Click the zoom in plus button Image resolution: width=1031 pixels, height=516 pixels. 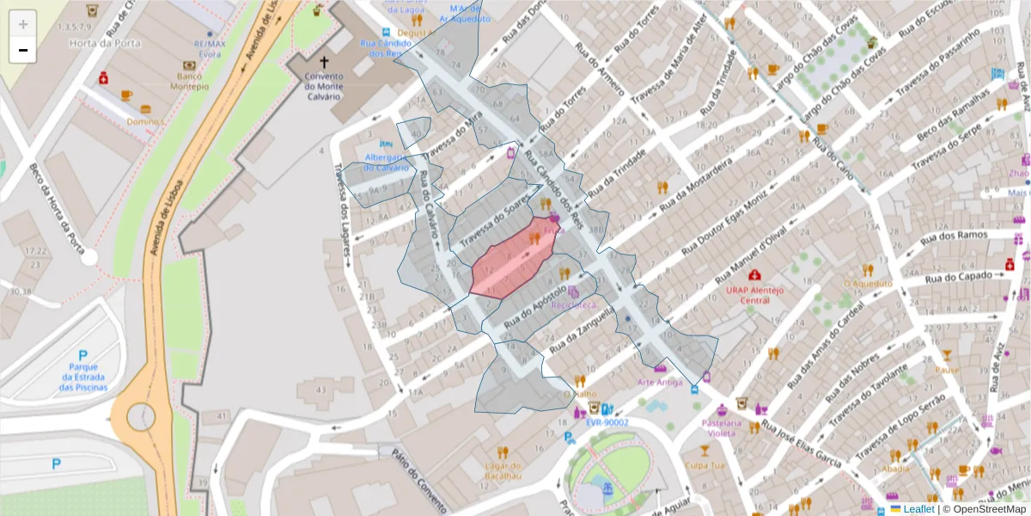pos(23,24)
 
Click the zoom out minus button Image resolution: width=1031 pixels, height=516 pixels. pos(23,51)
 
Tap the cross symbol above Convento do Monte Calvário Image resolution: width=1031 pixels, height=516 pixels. pos(324,62)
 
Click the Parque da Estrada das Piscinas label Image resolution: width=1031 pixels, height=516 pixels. pos(83,377)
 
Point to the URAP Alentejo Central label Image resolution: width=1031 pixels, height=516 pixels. pos(754,295)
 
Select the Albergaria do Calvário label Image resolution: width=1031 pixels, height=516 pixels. pos(387,163)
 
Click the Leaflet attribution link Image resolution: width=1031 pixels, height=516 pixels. pos(918,509)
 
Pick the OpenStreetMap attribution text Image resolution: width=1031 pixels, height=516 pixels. pos(984,509)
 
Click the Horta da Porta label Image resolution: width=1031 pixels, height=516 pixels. pos(94,43)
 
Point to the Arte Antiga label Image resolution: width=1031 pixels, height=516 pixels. pos(660,381)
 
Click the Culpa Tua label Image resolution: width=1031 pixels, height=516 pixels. pos(705,466)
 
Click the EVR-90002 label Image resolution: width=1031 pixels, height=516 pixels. pos(607,422)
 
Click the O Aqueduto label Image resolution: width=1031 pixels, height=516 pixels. pos(868,283)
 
